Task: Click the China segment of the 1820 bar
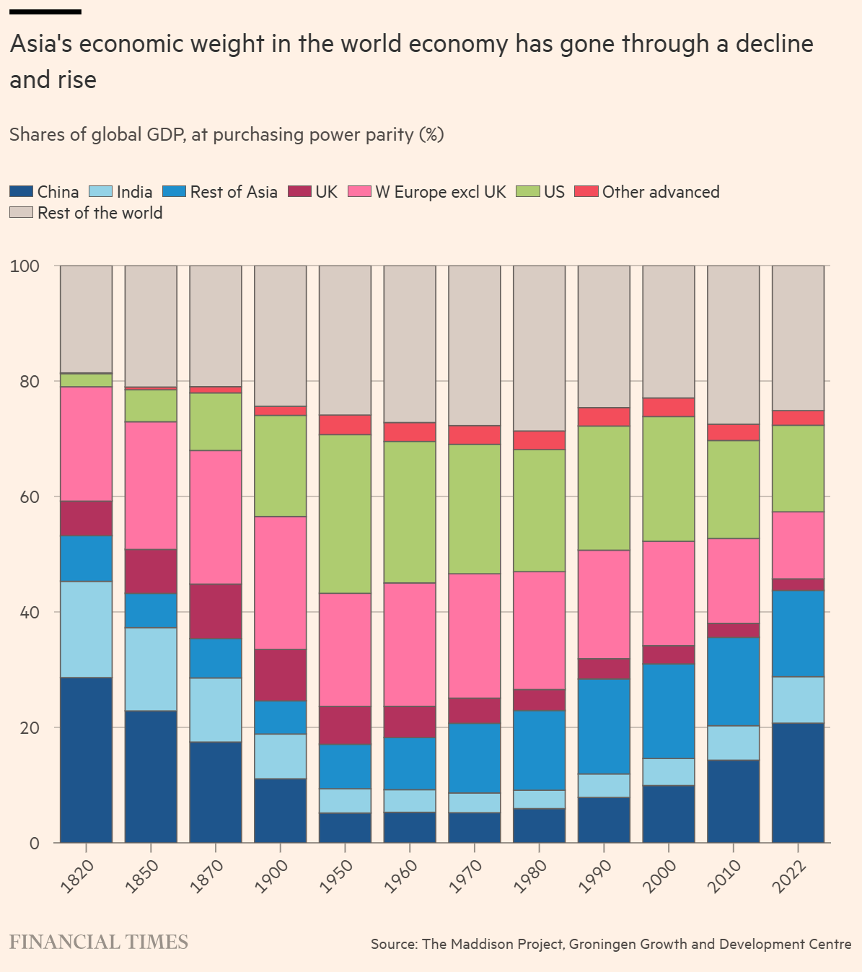click(86, 759)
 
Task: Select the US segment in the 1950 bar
click(345, 514)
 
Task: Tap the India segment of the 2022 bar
click(798, 700)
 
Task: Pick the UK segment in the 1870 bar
click(216, 611)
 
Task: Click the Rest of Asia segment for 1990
click(604, 726)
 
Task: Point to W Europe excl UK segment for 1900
click(280, 582)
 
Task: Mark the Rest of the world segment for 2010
click(733, 345)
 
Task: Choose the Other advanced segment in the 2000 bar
click(669, 407)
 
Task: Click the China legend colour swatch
click(21, 192)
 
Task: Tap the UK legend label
click(326, 192)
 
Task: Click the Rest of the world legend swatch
click(21, 213)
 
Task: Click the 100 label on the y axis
click(25, 266)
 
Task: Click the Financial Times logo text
click(98, 942)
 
